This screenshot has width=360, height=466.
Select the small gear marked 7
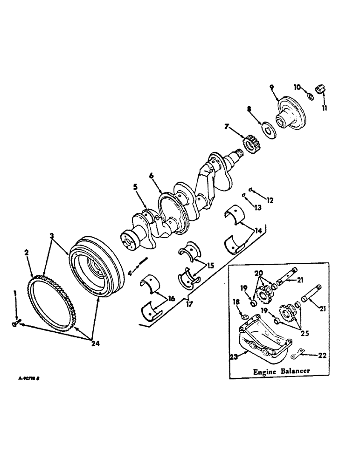[x=251, y=142]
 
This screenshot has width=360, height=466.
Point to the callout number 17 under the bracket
[x=188, y=305]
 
